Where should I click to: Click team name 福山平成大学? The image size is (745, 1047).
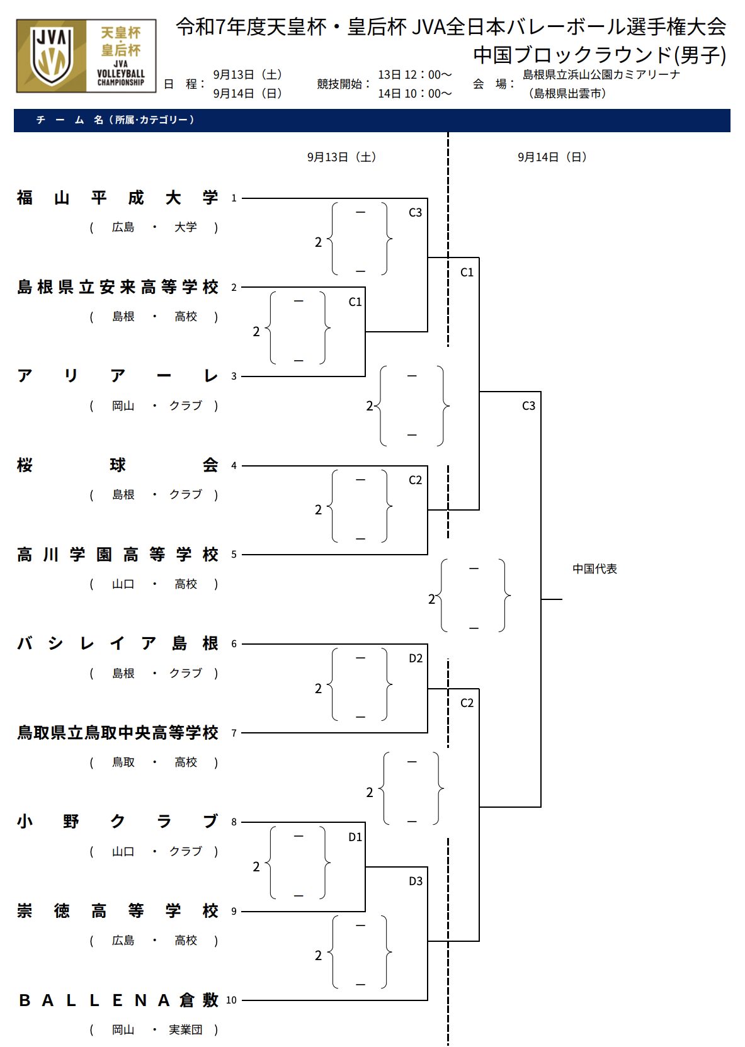[x=117, y=198]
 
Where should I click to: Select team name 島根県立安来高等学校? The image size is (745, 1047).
[x=117, y=287]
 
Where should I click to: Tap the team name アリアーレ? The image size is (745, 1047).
[x=117, y=376]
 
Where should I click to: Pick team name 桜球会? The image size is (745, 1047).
[x=117, y=465]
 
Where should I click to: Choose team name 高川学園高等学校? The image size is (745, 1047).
[x=117, y=555]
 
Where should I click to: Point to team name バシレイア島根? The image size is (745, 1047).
[x=117, y=643]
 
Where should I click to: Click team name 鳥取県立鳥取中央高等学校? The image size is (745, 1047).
[x=117, y=733]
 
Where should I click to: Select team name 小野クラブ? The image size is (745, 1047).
[x=117, y=822]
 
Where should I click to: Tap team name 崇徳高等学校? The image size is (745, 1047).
[x=117, y=911]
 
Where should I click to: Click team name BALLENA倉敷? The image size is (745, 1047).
[x=117, y=1000]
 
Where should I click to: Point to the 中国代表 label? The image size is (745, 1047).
[x=594, y=569]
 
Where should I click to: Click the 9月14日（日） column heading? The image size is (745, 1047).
[x=552, y=157]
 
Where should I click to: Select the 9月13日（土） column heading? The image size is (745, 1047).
[x=341, y=157]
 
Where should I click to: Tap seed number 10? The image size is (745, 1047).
[x=231, y=1000]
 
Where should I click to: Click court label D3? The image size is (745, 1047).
[x=416, y=881]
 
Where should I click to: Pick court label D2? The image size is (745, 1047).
[x=416, y=659]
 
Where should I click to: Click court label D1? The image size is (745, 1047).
[x=355, y=837]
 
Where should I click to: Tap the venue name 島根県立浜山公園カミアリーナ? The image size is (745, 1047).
[x=601, y=75]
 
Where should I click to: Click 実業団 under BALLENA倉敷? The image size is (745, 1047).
[x=186, y=1030]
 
